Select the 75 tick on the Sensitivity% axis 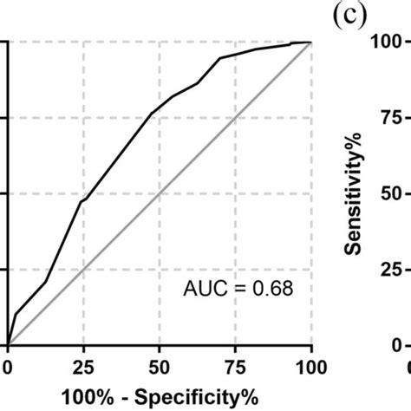(x=389, y=117)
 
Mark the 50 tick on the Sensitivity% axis (x=389, y=193)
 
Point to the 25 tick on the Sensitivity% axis (x=389, y=270)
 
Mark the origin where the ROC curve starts (x=8, y=345)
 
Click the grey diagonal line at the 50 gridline (x=160, y=193)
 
